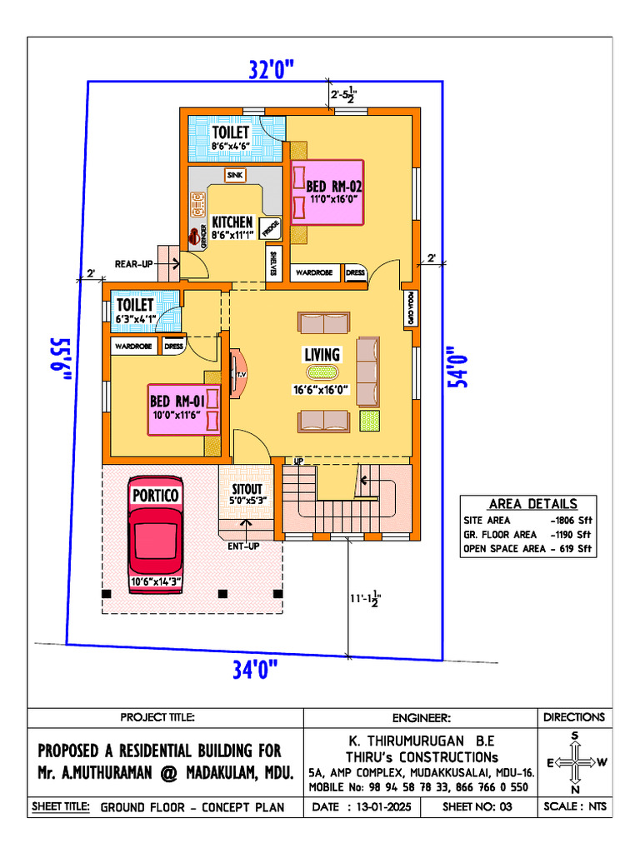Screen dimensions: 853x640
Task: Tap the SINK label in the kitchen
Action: (x=234, y=175)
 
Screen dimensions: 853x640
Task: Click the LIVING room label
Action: (x=322, y=356)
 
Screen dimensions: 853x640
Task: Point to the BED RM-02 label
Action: (x=334, y=186)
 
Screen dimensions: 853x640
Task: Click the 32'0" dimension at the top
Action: (x=272, y=70)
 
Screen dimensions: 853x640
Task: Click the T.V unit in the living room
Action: (x=240, y=375)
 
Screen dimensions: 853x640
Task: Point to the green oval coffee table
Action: (x=322, y=373)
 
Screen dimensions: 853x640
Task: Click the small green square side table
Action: (x=369, y=421)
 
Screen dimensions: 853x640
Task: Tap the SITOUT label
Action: (x=247, y=489)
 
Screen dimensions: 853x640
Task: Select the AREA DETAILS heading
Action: (x=532, y=504)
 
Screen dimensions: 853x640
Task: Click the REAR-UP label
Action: (x=133, y=264)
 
